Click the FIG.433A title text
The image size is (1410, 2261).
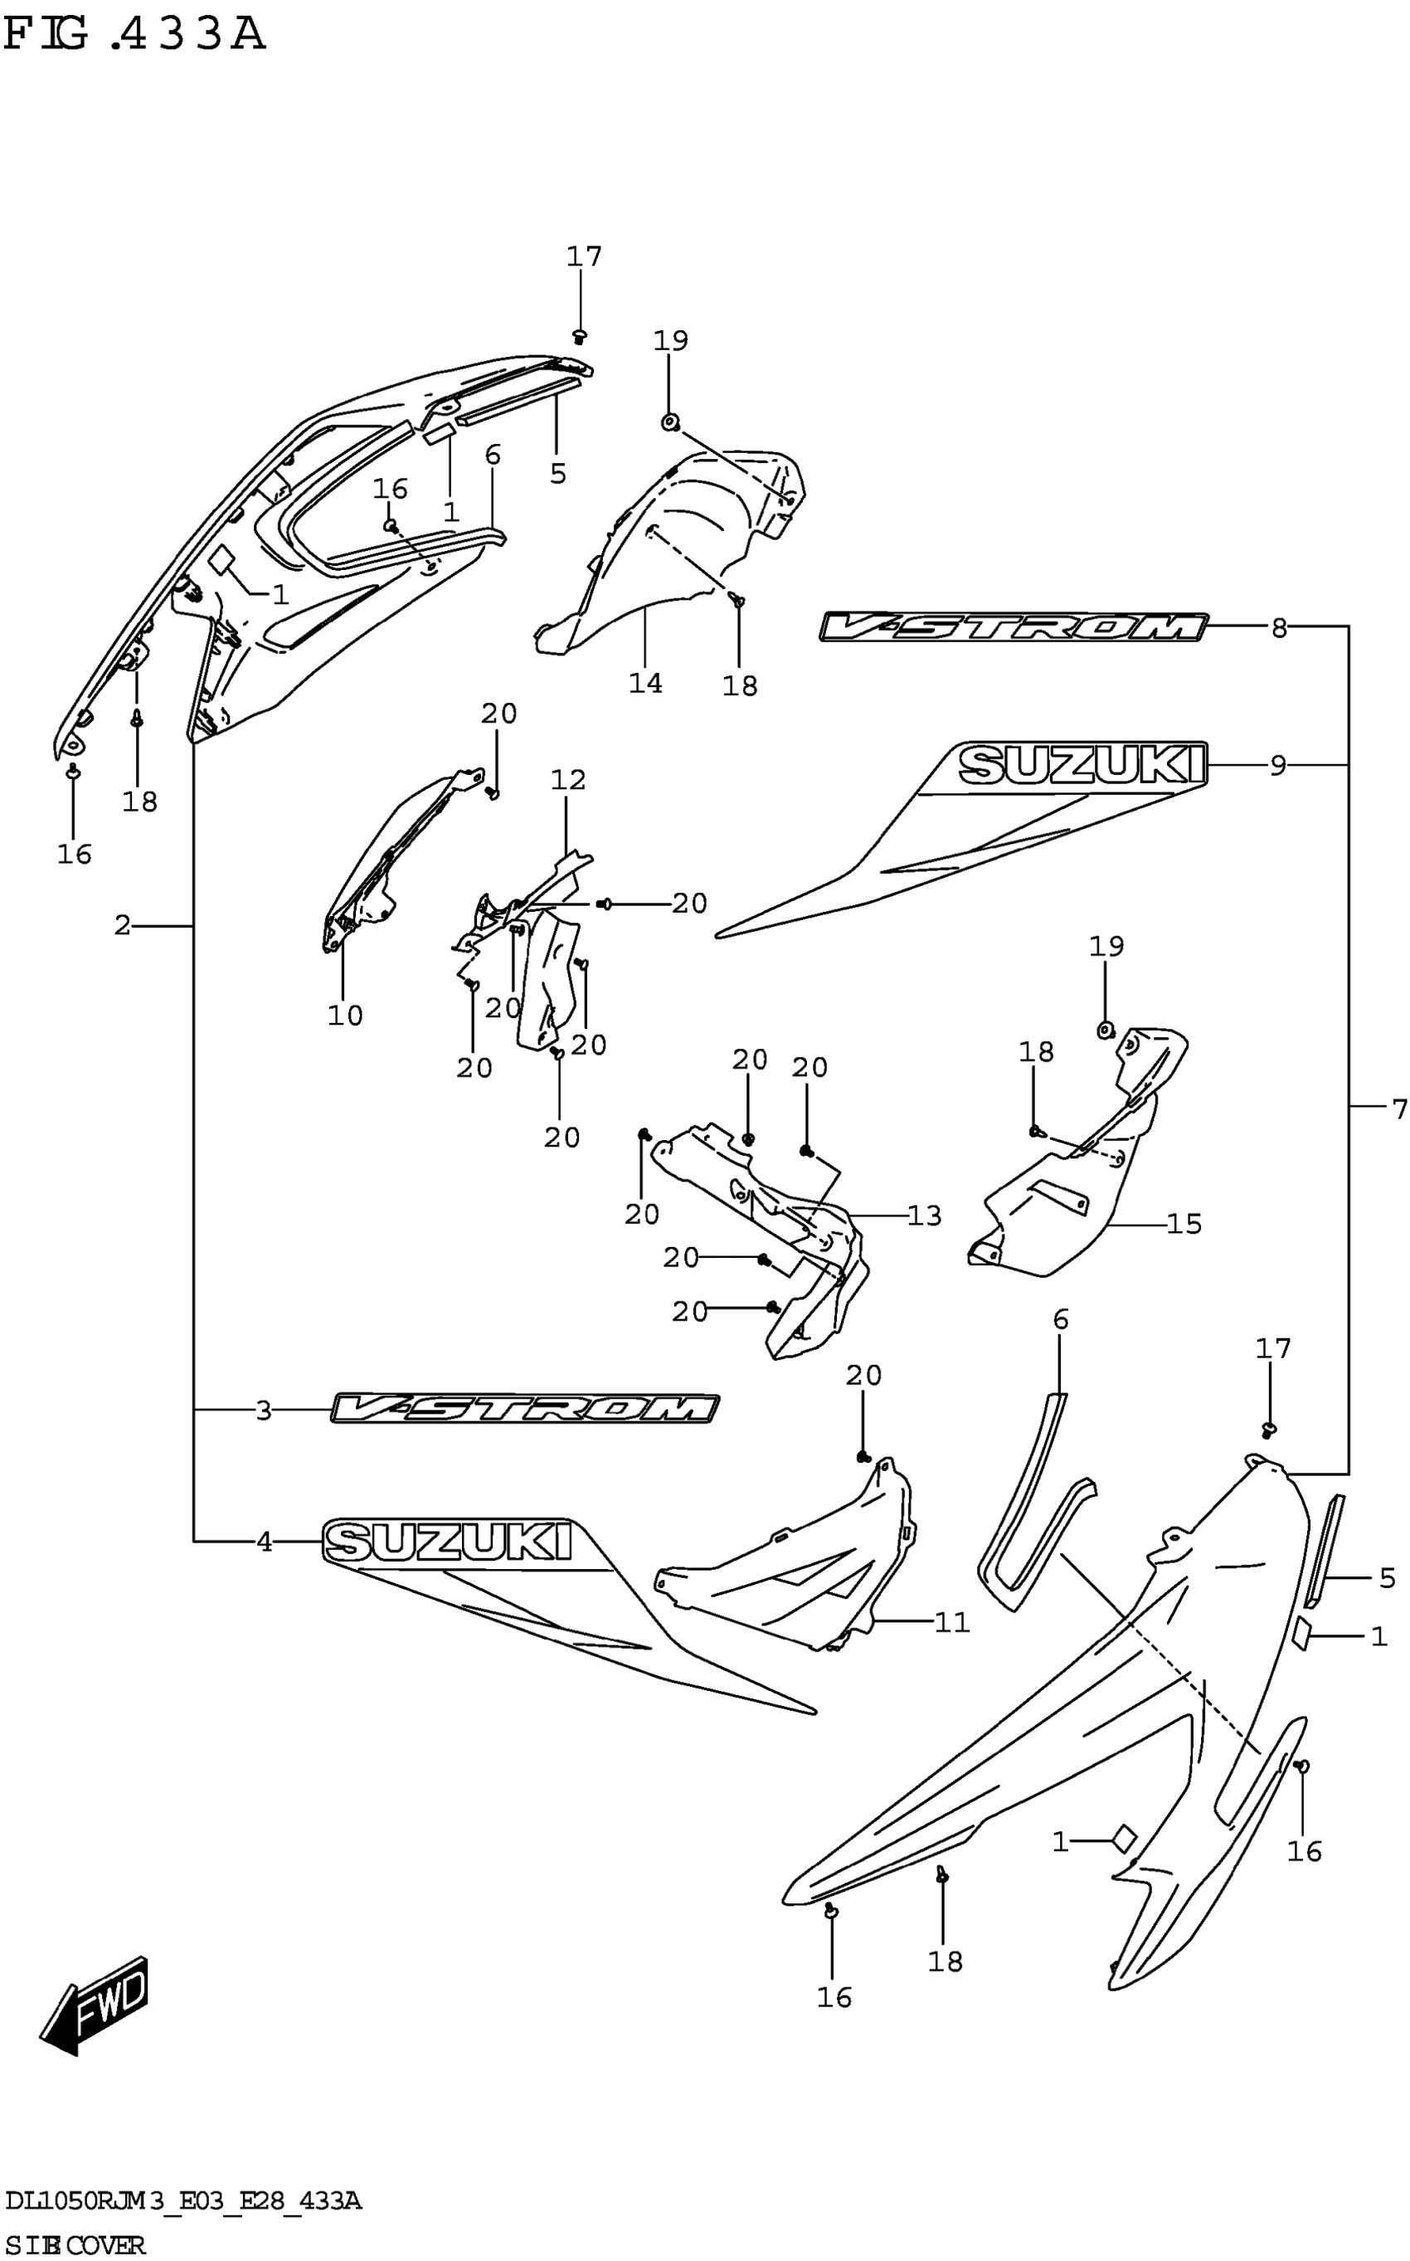pyautogui.click(x=135, y=35)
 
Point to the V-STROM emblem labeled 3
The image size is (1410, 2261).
pyautogui.click(x=525, y=1409)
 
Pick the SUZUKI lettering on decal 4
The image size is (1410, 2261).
pyautogui.click(x=448, y=1542)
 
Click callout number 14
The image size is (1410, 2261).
pyautogui.click(x=645, y=683)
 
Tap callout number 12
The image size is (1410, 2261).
pyautogui.click(x=568, y=780)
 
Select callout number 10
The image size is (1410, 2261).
pyautogui.click(x=344, y=1015)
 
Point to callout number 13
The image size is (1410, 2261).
pyautogui.click(x=924, y=1216)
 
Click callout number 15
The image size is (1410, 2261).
pyautogui.click(x=1184, y=1224)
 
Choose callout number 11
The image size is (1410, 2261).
pyautogui.click(x=952, y=1623)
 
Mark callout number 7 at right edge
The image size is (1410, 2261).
pyautogui.click(x=1398, y=1109)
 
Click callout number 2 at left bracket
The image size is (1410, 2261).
pyautogui.click(x=122, y=925)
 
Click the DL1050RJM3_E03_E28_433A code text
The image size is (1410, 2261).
pyautogui.click(x=182, y=2202)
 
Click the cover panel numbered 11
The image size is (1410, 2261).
pyautogui.click(x=793, y=1567)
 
